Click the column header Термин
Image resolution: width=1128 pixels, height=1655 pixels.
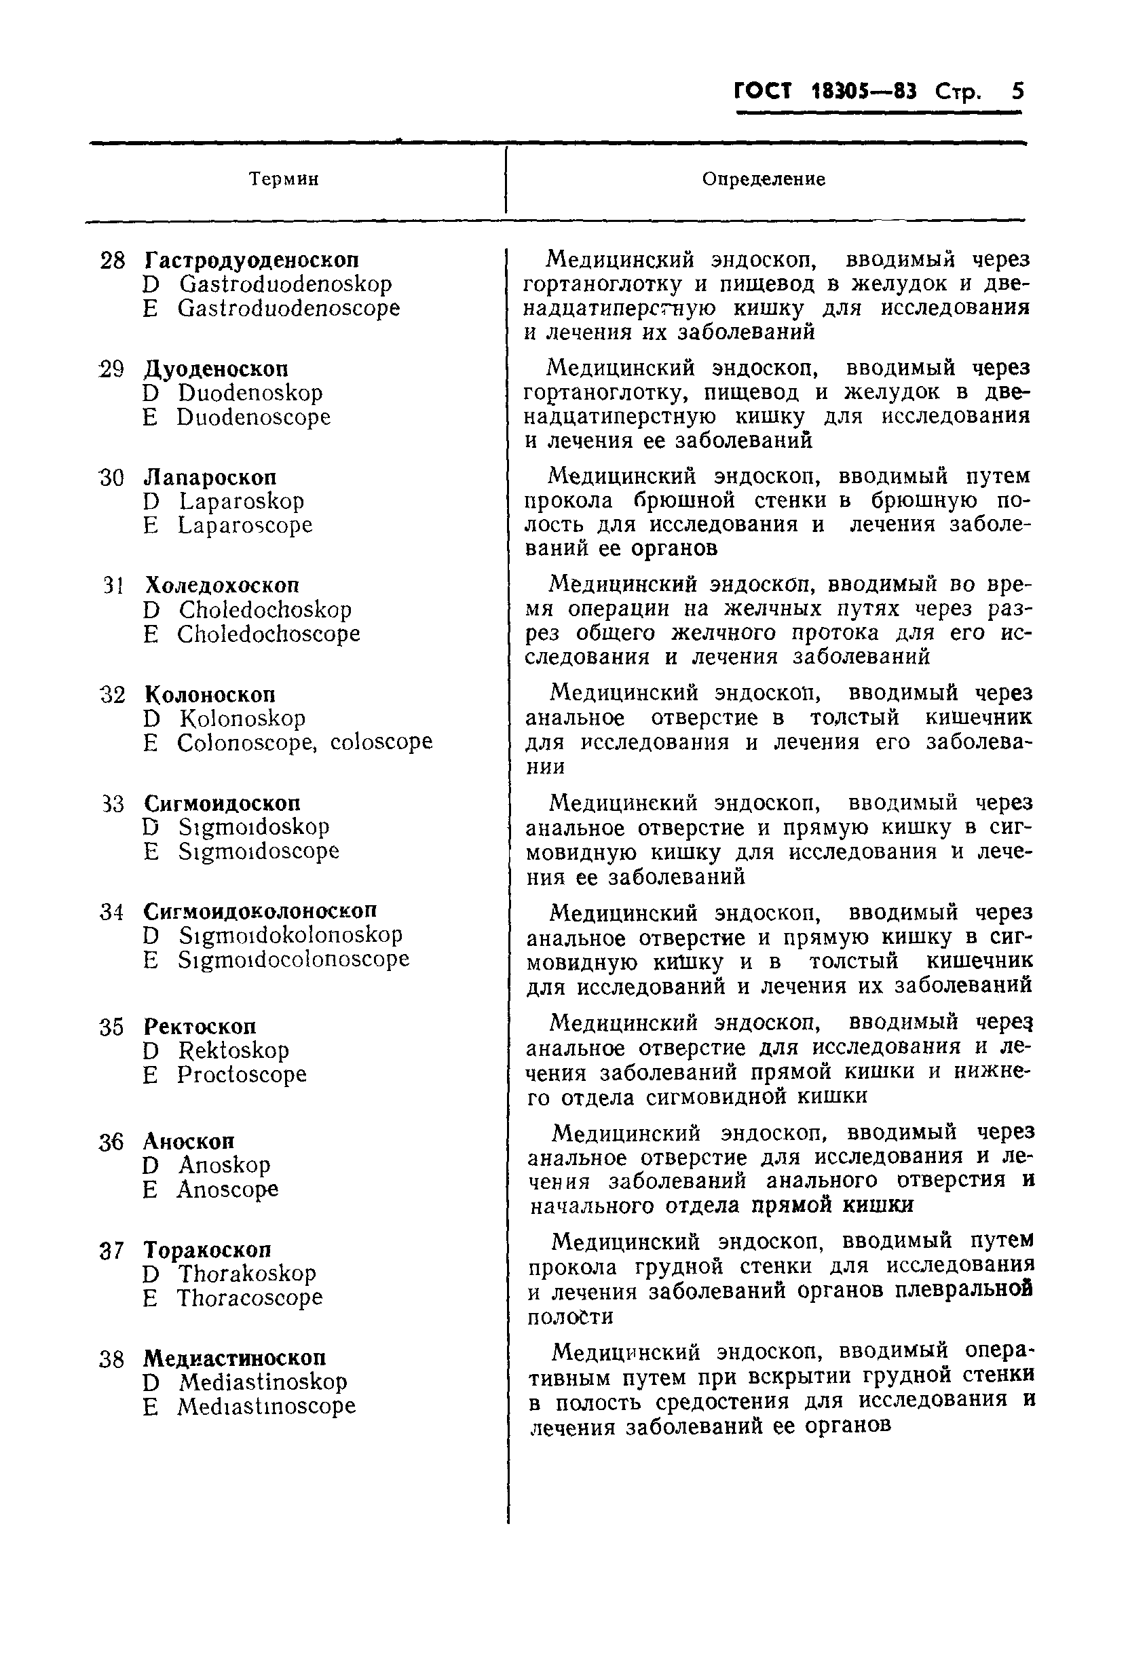coord(284,178)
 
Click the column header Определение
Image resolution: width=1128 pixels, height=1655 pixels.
coord(764,178)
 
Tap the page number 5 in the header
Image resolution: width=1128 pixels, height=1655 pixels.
coord(1017,92)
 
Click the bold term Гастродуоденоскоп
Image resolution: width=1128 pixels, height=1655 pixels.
coord(251,259)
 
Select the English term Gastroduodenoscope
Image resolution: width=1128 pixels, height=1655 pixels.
coord(288,308)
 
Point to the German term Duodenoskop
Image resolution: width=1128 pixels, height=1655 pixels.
coord(250,392)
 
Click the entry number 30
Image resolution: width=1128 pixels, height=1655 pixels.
coord(112,478)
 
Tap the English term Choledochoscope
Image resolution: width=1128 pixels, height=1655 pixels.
coord(269,634)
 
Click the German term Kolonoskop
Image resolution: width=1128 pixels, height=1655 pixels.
coord(242,718)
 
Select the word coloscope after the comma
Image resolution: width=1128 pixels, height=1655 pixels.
coord(381,742)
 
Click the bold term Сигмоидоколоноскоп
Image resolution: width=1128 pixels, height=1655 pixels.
coord(260,911)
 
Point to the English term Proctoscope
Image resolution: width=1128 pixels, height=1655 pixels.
coord(242,1075)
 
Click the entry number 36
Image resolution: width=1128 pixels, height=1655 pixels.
coord(112,1143)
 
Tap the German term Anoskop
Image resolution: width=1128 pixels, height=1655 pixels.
coord(225,1166)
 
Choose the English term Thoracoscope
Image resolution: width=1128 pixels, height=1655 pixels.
coord(249,1298)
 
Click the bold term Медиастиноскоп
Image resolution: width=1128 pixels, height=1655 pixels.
coord(234,1357)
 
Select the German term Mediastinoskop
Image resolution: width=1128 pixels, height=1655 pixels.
coord(263,1382)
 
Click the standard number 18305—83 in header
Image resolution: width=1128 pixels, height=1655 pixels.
coord(863,92)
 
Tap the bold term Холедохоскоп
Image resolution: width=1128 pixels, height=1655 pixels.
coord(221,586)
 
